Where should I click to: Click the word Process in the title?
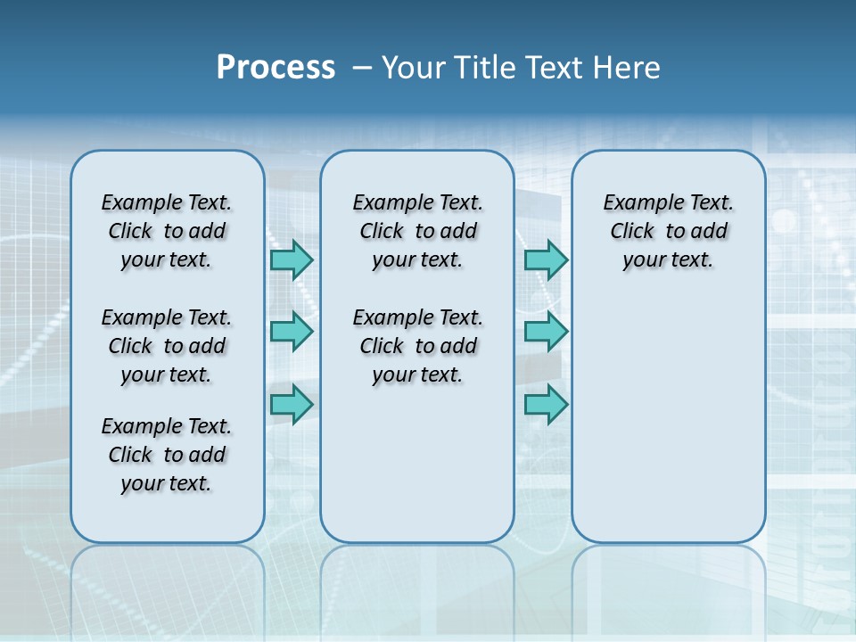(276, 67)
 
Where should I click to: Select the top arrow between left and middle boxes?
(292, 259)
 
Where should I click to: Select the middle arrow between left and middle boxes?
(292, 332)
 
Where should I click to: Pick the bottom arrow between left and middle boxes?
(292, 404)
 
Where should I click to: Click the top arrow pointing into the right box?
(546, 259)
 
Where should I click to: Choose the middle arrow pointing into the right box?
(546, 332)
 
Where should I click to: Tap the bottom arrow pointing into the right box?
(546, 404)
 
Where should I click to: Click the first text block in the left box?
(167, 231)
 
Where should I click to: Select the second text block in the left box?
(167, 346)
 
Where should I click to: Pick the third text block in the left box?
(167, 455)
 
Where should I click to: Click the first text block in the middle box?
(417, 231)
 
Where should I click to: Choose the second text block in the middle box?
(417, 346)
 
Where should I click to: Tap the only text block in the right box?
(668, 231)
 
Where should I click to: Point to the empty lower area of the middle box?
(417, 464)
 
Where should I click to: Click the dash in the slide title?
(362, 67)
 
